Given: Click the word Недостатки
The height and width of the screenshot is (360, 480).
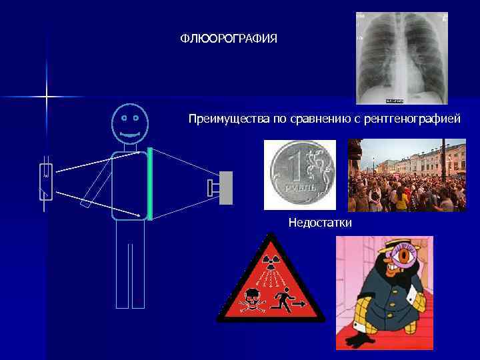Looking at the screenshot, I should point(320,221).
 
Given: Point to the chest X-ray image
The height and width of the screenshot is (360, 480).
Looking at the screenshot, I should point(401,58).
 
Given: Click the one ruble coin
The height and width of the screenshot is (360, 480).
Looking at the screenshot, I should point(299,175).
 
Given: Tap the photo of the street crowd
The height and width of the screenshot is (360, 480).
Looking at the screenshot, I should point(407,175).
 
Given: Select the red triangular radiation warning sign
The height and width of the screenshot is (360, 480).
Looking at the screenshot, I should point(270,283).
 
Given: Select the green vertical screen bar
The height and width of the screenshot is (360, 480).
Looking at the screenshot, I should point(149,183).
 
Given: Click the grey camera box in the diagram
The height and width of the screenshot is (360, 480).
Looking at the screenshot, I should point(225,187).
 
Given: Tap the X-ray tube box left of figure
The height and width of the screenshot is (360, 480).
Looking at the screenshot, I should point(46,181).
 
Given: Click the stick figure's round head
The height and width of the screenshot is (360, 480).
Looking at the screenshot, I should point(129,124).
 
